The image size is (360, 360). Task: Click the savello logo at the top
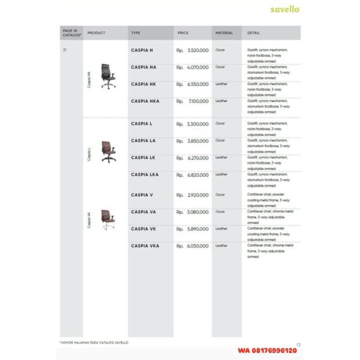[285, 10]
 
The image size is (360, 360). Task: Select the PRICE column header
[183, 33]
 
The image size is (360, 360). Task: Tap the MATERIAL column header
[224, 33]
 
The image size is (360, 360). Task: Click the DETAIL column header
[253, 33]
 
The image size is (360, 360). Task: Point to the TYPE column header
[136, 33]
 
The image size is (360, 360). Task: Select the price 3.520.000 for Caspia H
[197, 50]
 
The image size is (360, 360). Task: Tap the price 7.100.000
[197, 101]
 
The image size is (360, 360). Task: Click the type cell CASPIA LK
[143, 157]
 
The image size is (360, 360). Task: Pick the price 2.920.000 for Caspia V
[197, 195]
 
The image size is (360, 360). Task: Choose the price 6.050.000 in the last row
[197, 246]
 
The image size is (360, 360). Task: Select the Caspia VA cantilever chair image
[107, 220]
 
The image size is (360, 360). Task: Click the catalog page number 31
[64, 50]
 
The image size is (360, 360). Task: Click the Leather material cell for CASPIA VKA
[221, 245]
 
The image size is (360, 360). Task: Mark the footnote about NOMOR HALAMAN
[94, 343]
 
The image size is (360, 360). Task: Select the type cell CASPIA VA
[143, 212]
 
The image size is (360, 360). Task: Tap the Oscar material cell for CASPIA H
[220, 50]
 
